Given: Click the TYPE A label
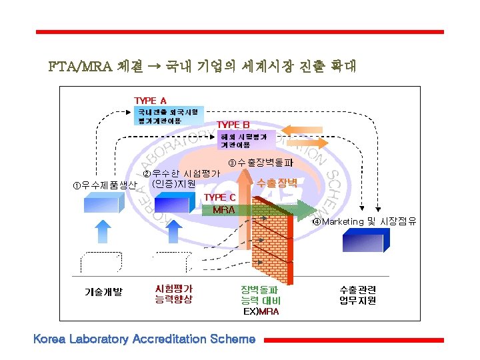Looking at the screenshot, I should [150, 101].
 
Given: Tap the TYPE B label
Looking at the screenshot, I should [233, 125].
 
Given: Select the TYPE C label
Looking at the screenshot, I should [219, 197].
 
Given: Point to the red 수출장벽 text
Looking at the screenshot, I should [277, 182].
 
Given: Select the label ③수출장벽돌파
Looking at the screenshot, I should [261, 163].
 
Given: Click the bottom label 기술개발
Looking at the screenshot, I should [103, 291].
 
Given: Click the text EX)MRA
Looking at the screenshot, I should [261, 311].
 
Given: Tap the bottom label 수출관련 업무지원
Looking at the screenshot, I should [357, 295].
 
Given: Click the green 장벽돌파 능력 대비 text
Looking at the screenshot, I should [261, 295].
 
